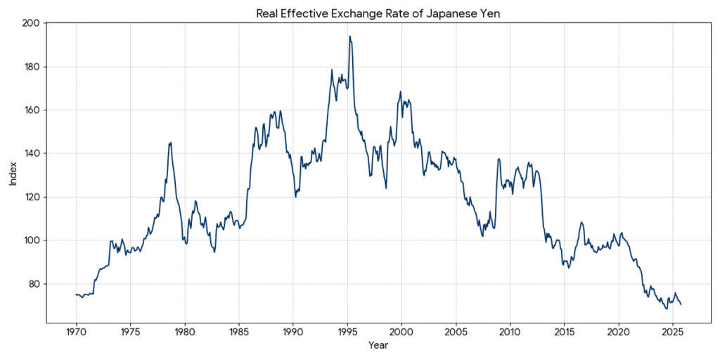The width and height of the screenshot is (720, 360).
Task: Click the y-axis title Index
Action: click(x=13, y=173)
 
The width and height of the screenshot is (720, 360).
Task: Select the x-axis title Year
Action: click(x=378, y=345)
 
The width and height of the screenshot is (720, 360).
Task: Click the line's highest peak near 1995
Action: click(x=349, y=37)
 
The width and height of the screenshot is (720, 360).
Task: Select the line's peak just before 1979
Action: click(x=170, y=143)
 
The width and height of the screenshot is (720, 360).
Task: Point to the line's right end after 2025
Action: click(x=681, y=304)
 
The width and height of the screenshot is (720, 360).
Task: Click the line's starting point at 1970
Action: click(x=76, y=295)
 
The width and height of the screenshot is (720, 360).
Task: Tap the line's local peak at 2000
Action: click(x=401, y=91)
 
